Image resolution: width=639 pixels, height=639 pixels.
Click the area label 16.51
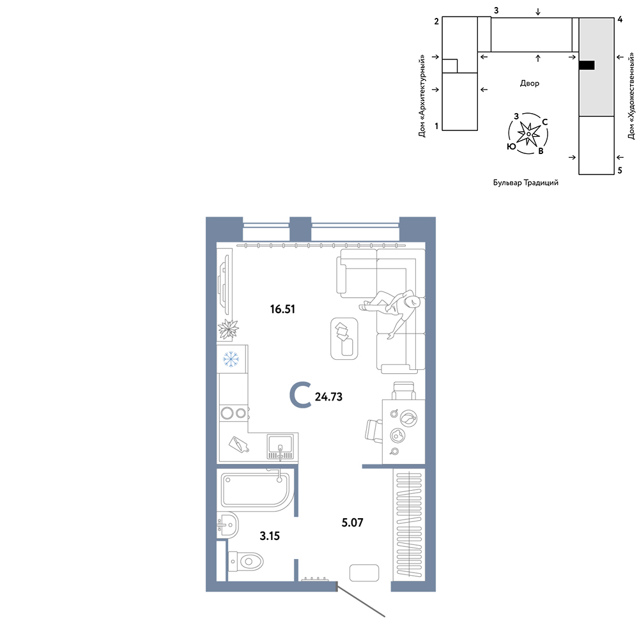[x=282, y=309]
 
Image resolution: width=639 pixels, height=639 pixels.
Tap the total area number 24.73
[x=328, y=397]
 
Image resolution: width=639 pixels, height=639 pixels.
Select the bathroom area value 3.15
[x=270, y=536]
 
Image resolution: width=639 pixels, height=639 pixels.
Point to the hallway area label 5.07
[x=352, y=523]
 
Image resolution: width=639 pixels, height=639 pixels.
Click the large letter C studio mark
[x=300, y=395]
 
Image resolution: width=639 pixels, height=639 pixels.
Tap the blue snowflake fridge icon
[x=231, y=359]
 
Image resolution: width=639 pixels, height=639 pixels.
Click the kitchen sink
[x=281, y=447]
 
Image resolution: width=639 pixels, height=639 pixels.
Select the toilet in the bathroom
[x=245, y=561]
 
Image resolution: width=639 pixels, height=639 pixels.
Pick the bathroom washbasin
[x=227, y=525]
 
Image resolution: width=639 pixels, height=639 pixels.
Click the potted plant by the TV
[x=228, y=329]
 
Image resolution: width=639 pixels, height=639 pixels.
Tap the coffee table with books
[x=344, y=339]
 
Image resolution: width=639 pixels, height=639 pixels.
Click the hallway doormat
[x=364, y=573]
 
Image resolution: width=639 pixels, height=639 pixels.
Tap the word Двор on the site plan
[x=529, y=83]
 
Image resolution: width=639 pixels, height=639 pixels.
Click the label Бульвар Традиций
[x=526, y=183]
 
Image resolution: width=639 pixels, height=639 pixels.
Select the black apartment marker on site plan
[x=587, y=65]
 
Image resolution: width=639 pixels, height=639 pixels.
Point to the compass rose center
[x=528, y=134]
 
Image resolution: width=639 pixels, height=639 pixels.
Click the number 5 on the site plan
[x=620, y=171]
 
